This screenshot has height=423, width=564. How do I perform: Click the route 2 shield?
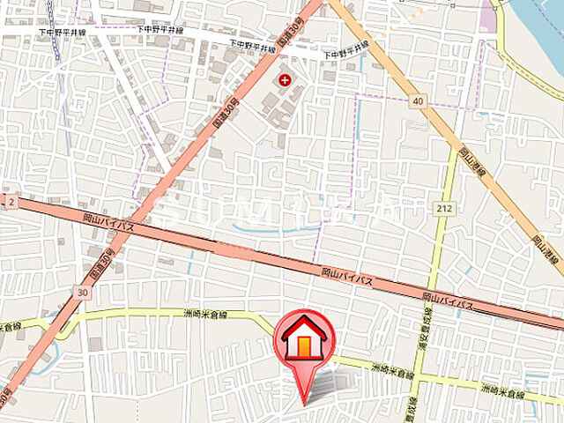[x=10, y=202]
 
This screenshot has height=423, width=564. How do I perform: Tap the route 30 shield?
[x=82, y=292]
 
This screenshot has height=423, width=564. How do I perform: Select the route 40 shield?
[x=417, y=101]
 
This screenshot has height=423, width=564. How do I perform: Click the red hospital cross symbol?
[x=285, y=80]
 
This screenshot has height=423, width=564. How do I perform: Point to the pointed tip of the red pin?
[x=305, y=404]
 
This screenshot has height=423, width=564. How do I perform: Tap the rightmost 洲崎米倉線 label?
[x=501, y=389]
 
